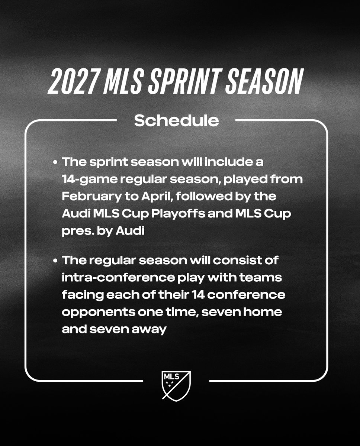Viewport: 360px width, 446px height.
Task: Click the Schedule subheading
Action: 176,121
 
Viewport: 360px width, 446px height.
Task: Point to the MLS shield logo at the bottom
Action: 176,384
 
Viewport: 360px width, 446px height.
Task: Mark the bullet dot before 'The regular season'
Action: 55,261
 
